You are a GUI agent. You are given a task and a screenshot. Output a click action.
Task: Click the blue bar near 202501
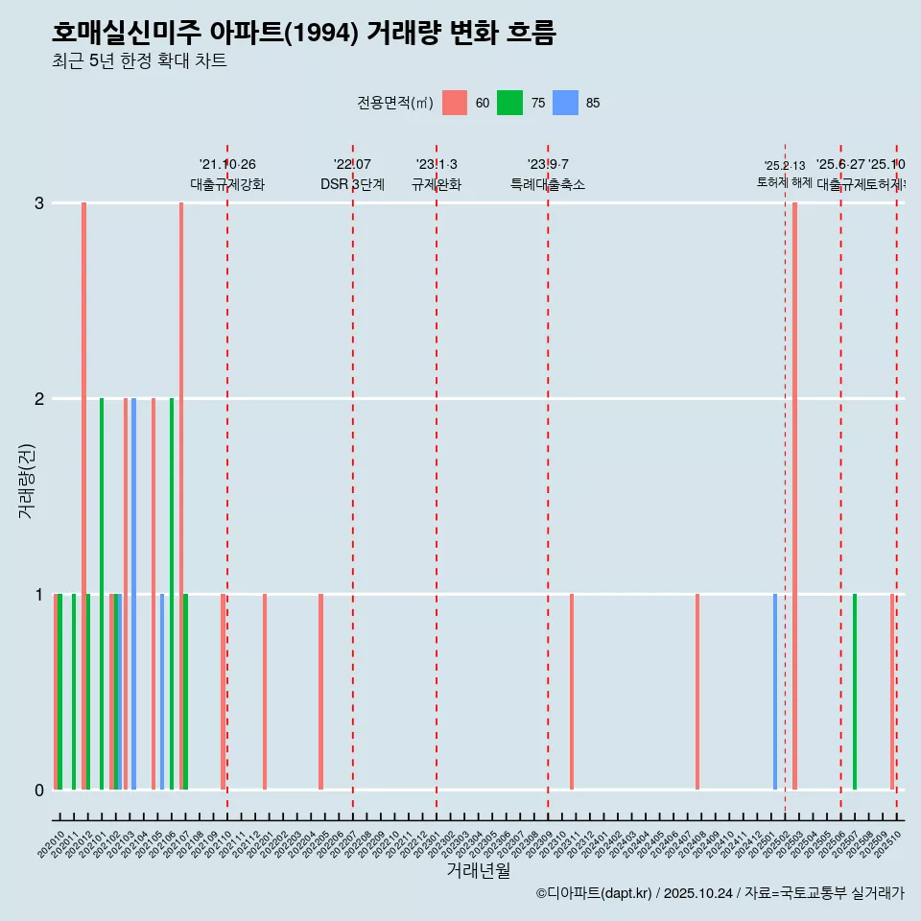[x=775, y=691]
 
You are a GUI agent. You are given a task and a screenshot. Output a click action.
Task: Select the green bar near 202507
[x=855, y=691]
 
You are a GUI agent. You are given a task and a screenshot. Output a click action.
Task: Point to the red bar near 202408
[x=697, y=691]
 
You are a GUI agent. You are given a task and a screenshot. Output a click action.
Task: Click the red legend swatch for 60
[x=455, y=103]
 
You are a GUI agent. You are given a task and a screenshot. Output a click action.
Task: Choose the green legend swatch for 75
[x=509, y=103]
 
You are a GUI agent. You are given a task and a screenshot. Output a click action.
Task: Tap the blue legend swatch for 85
[x=566, y=103]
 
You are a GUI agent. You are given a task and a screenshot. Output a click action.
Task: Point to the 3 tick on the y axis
[x=39, y=202]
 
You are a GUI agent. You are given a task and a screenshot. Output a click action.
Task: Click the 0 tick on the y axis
[x=39, y=790]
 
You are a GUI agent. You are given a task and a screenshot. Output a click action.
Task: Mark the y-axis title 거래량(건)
[x=27, y=480]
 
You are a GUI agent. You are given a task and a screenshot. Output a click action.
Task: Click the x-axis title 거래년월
[x=478, y=870]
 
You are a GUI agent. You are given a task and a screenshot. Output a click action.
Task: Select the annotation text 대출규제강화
[x=227, y=184]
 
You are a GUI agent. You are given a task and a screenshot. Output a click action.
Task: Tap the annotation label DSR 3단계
[x=352, y=184]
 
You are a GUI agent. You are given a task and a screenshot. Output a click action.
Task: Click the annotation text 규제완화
[x=437, y=184]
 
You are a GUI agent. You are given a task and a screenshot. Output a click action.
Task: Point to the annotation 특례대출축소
[x=548, y=184]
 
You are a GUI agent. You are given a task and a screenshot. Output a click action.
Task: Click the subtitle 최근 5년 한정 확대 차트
[x=140, y=61]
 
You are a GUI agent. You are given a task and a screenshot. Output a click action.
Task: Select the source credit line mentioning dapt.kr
[x=720, y=893]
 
